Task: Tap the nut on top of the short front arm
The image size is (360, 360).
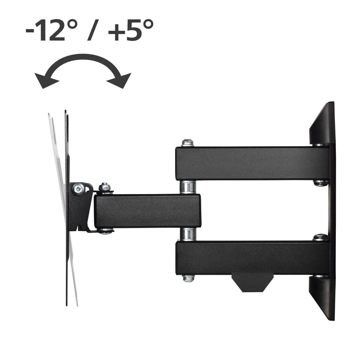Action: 105,188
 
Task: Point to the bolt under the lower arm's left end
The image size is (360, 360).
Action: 188,279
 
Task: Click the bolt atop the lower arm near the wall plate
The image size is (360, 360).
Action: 321,237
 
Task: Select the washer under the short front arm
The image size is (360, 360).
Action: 105,231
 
